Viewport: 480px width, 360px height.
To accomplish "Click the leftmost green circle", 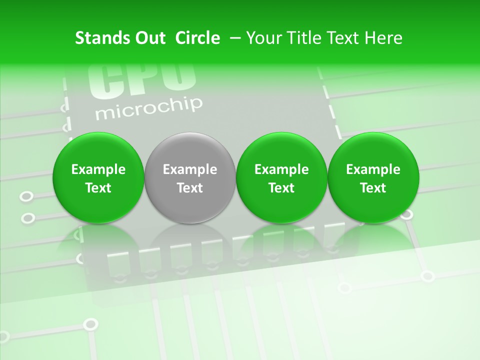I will pos(98,177).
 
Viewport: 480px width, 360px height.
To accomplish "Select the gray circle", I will pos(189,177).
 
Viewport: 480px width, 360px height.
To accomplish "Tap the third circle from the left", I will pos(281,177).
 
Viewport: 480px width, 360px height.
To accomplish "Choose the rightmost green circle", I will pos(373,177).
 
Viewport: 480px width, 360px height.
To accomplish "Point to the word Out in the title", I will pos(148,38).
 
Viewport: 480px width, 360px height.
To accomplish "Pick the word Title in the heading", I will pos(302,38).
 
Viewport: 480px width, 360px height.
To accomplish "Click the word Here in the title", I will pos(383,38).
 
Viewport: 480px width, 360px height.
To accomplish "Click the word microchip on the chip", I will pos(149,109).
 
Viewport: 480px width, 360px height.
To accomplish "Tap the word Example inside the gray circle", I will pos(190,169).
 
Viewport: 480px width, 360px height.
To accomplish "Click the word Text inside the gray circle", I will pos(190,188).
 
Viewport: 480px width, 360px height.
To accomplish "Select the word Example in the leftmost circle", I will pos(98,169).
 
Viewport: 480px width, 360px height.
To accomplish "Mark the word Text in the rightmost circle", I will pos(373,188).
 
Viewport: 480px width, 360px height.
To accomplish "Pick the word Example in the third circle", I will pos(281,169).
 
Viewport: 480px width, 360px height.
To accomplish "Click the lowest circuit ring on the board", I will pos(90,324).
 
